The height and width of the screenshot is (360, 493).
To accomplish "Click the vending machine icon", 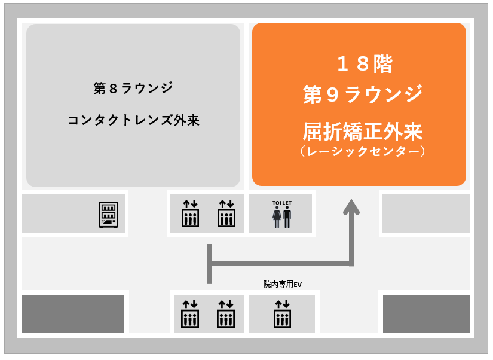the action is [x=109, y=215].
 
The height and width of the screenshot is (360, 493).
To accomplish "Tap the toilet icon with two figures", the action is [x=282, y=217].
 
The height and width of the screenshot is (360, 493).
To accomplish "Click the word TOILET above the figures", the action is [x=282, y=203].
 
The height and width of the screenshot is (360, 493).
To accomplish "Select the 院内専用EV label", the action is [x=282, y=284].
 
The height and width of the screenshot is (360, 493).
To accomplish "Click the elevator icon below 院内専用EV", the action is [x=282, y=314].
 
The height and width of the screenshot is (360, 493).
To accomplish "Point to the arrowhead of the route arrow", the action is [x=351, y=207].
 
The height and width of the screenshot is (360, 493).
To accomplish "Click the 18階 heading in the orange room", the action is [x=365, y=64].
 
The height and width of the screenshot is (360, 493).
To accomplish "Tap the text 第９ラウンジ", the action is [x=363, y=94].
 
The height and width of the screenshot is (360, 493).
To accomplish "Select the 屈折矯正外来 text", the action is [x=363, y=131].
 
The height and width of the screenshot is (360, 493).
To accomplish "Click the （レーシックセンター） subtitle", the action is [x=363, y=151].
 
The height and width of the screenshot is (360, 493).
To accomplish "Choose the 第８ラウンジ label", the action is [x=133, y=88].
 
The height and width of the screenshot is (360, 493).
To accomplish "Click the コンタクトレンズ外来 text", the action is [x=134, y=120].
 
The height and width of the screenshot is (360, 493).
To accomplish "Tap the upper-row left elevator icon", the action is [x=190, y=213].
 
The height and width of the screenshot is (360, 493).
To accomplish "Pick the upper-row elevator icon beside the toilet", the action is [x=226, y=213].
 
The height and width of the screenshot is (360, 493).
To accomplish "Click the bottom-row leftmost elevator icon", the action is [x=190, y=314].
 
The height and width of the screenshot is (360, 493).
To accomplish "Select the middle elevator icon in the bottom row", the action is [x=226, y=314].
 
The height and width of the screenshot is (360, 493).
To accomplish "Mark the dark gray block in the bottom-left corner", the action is [x=74, y=314].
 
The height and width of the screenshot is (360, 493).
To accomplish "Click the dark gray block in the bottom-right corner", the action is [x=426, y=314].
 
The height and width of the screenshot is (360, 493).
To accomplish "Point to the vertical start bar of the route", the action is [x=210, y=264].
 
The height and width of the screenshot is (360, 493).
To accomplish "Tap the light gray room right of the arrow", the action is [x=426, y=213].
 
